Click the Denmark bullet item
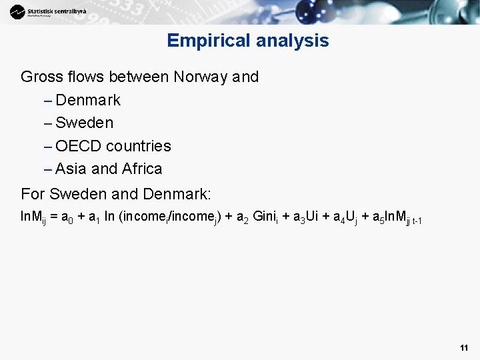click(x=88, y=100)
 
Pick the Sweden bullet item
click(x=85, y=123)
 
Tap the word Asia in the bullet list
click(x=71, y=169)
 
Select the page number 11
click(x=464, y=348)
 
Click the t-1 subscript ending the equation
click(x=416, y=220)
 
